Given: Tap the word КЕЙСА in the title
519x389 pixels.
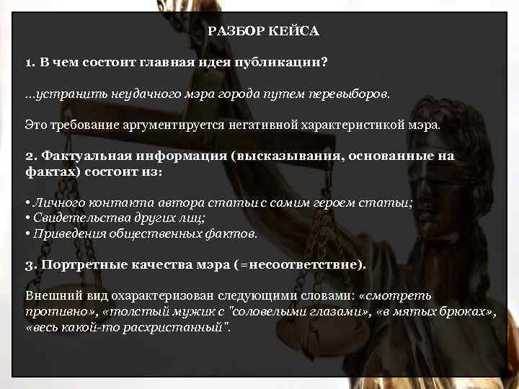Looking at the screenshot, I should pyautogui.click(x=294, y=32).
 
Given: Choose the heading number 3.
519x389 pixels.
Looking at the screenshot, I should pyautogui.click(x=30, y=264).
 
